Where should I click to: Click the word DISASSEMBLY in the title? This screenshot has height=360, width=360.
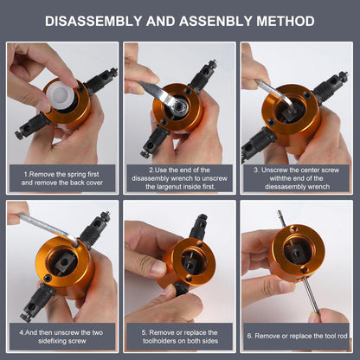point(93,22)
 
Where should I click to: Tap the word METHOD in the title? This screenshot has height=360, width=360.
point(286,22)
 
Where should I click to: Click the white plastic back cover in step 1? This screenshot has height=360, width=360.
point(60,94)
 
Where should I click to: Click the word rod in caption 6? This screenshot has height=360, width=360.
point(343,336)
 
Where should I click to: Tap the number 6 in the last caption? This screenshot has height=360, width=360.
point(249,336)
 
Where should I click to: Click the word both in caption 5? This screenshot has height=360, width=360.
point(195,341)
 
